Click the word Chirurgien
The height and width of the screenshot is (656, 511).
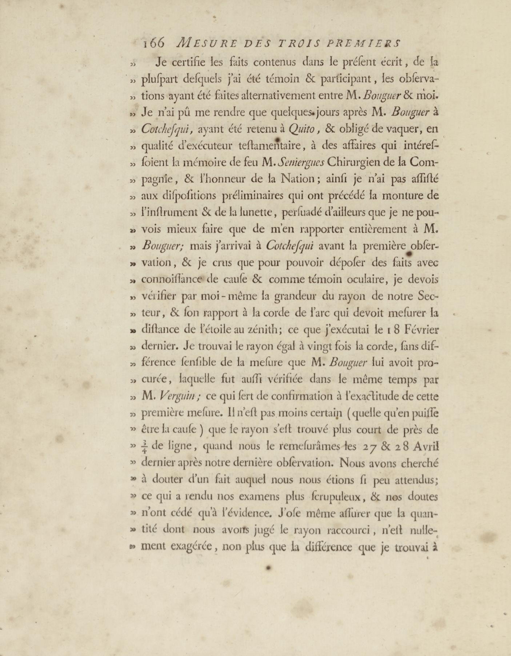[x=356, y=163]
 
